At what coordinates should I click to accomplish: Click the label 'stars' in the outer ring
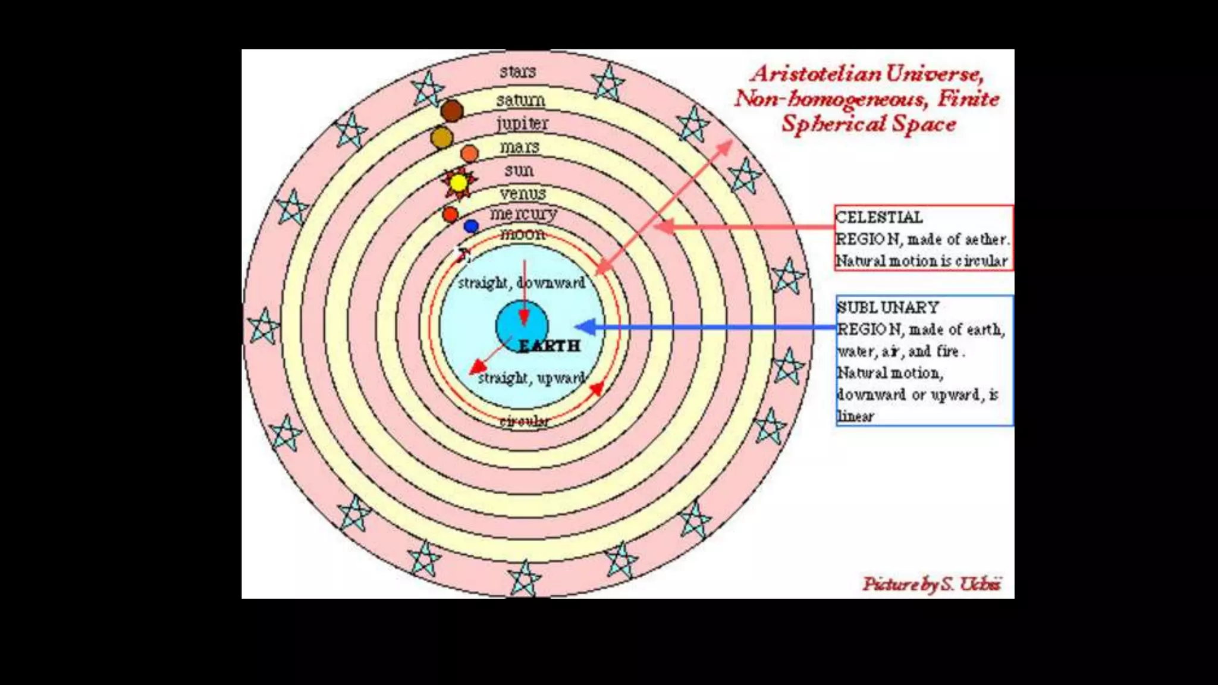(517, 72)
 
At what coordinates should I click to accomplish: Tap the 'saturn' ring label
(520, 100)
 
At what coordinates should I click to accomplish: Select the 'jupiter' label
(522, 123)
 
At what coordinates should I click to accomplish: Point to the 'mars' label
(519, 146)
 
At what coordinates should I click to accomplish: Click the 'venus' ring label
(523, 193)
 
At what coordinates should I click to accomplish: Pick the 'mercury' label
(523, 213)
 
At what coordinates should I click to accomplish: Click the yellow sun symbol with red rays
(458, 183)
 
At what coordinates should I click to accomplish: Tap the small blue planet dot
(471, 226)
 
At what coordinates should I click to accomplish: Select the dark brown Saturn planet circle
(452, 111)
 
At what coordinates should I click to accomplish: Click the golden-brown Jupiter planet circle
(441, 137)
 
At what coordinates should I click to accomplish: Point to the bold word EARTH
(549, 345)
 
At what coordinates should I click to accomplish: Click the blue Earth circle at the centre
(522, 326)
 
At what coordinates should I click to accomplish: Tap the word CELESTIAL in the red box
(879, 218)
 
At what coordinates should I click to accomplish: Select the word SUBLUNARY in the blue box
(887, 307)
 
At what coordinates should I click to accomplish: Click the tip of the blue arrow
(578, 326)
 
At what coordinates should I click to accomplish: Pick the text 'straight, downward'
(522, 283)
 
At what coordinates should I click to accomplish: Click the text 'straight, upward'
(532, 378)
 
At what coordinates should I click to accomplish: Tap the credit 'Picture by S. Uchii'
(932, 585)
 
